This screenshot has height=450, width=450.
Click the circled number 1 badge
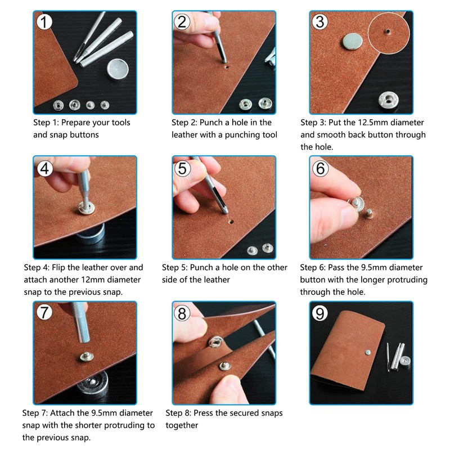pyautogui.click(x=44, y=22)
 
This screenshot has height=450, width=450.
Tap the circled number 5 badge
pyautogui.click(x=182, y=168)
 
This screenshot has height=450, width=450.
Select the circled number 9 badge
pyautogui.click(x=319, y=313)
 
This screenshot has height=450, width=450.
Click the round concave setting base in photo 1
pyautogui.click(x=118, y=69)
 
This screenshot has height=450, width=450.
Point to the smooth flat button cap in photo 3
pyautogui.click(x=352, y=42)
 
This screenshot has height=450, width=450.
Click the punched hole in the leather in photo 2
pyautogui.click(x=227, y=67)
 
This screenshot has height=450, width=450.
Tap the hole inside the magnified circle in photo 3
pyautogui.click(x=388, y=31)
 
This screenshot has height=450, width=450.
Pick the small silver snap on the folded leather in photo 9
pyautogui.click(x=368, y=352)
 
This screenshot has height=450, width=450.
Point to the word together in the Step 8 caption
pyautogui.click(x=182, y=426)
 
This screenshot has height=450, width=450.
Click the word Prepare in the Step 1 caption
pyautogui.click(x=75, y=123)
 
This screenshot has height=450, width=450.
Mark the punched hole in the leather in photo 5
pyautogui.click(x=231, y=222)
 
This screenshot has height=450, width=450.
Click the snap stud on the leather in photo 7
pyautogui.click(x=87, y=357)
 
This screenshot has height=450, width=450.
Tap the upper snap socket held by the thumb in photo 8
pyautogui.click(x=215, y=341)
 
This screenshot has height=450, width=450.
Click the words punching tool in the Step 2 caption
pyautogui.click(x=251, y=135)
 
